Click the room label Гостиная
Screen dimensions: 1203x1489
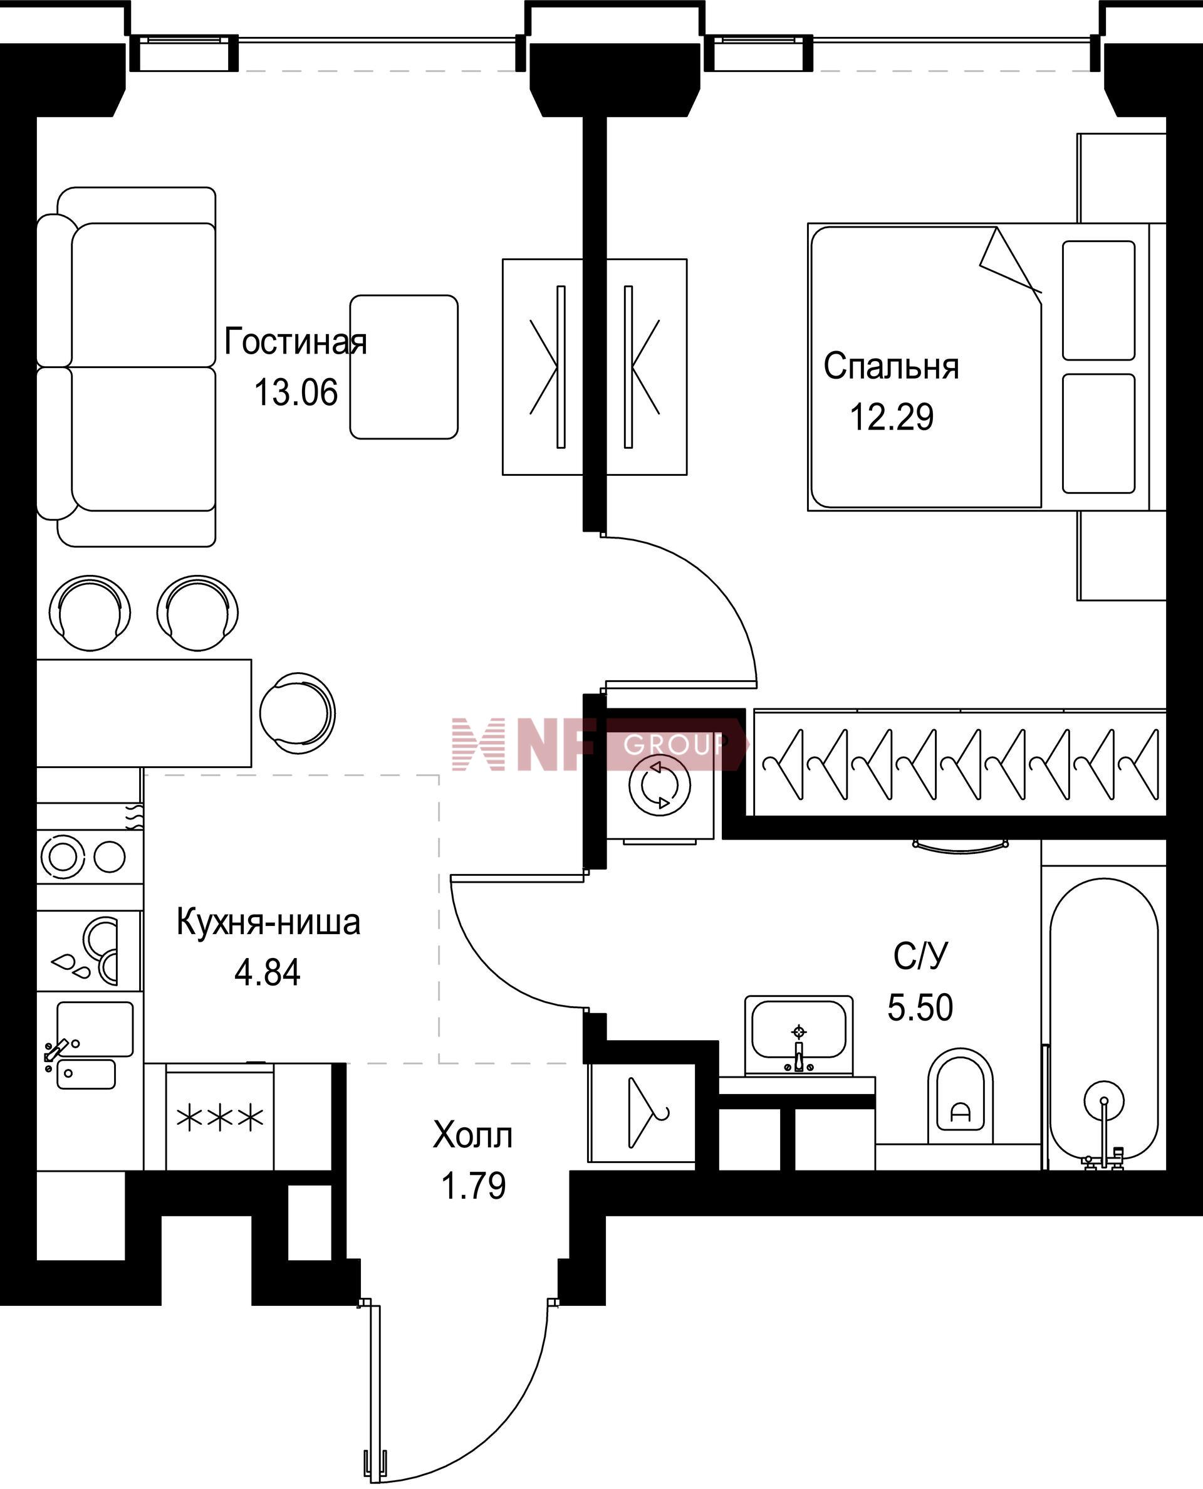click(x=295, y=342)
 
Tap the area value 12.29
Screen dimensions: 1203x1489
click(x=891, y=417)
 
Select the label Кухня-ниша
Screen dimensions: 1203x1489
click(x=268, y=922)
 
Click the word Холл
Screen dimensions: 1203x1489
click(x=472, y=1135)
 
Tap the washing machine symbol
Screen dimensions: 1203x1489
click(x=660, y=786)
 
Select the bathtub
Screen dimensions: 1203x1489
click(x=1104, y=1019)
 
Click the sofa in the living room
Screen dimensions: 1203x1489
click(x=126, y=367)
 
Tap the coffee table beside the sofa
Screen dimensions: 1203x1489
click(x=404, y=367)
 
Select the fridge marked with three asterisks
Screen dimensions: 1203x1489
click(x=220, y=1117)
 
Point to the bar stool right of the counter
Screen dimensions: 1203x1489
click(x=297, y=712)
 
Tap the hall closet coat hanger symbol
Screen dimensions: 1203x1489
click(x=646, y=1113)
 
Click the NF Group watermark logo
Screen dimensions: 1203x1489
click(x=600, y=745)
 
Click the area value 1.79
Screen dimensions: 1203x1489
click(x=473, y=1186)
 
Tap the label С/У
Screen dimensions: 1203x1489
click(x=920, y=957)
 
